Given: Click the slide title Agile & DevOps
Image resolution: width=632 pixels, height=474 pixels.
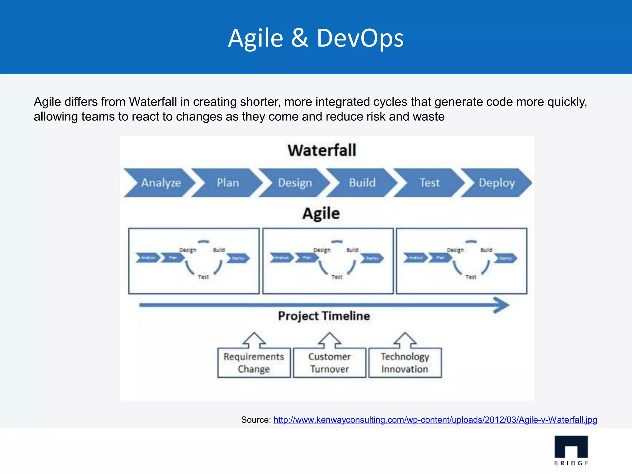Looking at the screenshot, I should (x=316, y=38).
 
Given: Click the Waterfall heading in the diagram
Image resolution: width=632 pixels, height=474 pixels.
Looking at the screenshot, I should (x=322, y=150).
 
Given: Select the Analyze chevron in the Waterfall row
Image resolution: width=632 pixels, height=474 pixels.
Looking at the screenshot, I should (x=160, y=183).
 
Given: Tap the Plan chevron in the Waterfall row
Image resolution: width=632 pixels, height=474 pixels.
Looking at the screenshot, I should (x=228, y=183).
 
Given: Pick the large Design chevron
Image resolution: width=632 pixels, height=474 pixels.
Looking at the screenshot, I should (x=295, y=183).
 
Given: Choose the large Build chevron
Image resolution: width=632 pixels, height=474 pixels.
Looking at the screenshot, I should (x=362, y=183).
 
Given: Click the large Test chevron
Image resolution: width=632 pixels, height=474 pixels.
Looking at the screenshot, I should (x=429, y=183).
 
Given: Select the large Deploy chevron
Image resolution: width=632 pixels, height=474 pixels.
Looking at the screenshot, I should (x=497, y=183).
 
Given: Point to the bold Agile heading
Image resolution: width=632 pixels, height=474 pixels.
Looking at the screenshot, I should (x=321, y=214).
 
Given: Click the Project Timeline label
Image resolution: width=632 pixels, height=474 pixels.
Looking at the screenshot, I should (x=324, y=316).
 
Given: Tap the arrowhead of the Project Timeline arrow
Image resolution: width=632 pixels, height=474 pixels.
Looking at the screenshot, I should (x=501, y=305).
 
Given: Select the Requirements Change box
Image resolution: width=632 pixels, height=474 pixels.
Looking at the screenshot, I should (x=254, y=363).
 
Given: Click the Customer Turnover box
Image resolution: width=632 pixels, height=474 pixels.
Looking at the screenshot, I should (x=329, y=363).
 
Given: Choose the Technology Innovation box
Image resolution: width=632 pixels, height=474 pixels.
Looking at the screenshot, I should (x=405, y=363).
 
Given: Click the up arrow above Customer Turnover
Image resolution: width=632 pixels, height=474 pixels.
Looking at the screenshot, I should (x=329, y=340).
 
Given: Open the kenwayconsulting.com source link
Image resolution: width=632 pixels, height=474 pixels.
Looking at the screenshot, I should (x=435, y=420).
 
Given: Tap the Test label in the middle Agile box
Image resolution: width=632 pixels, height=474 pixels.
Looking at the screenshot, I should (x=337, y=277).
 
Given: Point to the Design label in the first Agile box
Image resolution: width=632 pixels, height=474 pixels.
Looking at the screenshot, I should (x=188, y=250).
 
